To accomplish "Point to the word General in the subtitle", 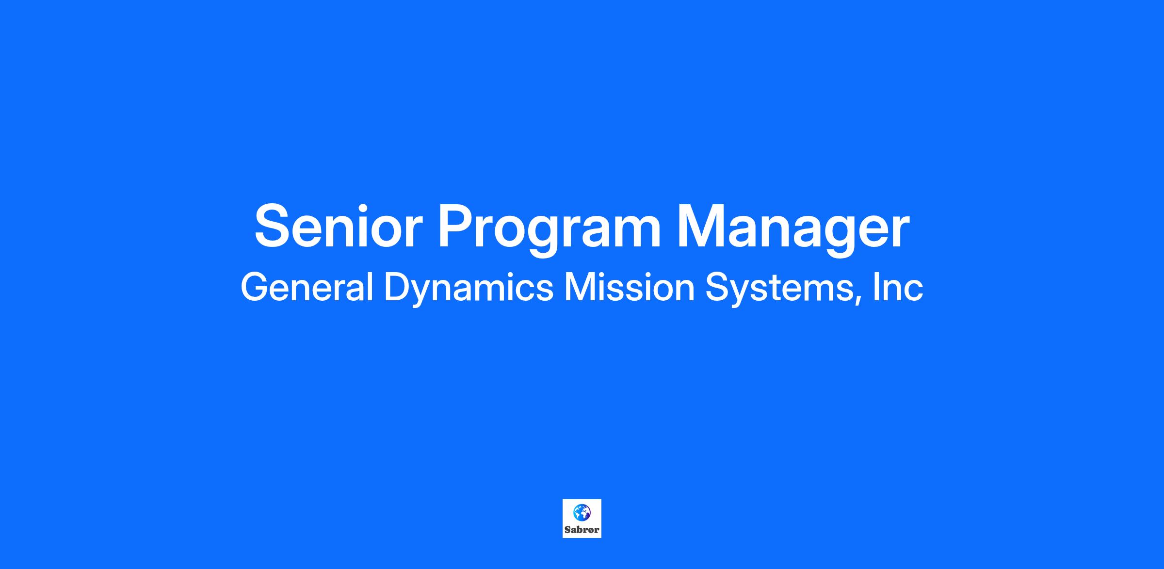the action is (307, 287).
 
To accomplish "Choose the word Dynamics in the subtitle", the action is (469, 289).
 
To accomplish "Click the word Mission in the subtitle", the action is (629, 287).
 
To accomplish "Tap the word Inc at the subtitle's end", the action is (898, 287).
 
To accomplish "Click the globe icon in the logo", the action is (582, 512).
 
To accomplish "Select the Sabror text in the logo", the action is (582, 530).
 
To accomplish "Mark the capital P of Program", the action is (457, 226).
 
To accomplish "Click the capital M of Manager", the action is (702, 226).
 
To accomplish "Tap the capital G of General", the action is (255, 287).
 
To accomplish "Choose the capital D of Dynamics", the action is (398, 287).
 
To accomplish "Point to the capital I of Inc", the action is (876, 287).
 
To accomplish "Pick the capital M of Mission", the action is (581, 287).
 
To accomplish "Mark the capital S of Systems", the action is (718, 287).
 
